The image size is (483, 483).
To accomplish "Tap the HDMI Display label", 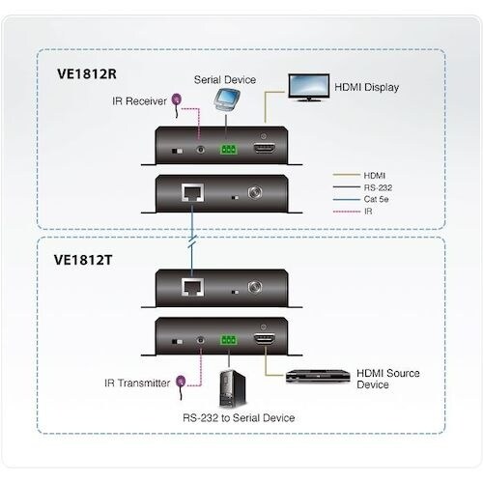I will [x=365, y=87].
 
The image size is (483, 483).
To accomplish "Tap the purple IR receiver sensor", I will [x=178, y=97].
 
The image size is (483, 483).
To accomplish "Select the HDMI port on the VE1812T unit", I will [x=265, y=339].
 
